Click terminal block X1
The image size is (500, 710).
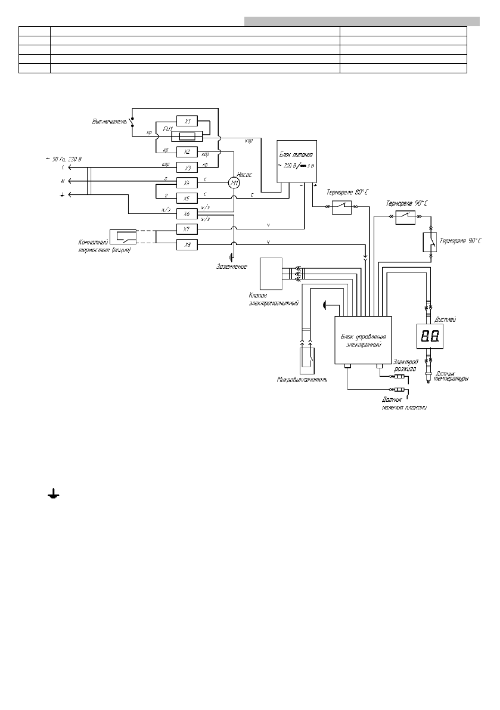(188, 121)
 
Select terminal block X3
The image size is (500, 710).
(188, 168)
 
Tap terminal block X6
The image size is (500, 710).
(188, 213)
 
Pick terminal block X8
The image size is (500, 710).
(188, 244)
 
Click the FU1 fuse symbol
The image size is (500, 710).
(188, 136)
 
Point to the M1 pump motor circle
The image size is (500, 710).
(235, 183)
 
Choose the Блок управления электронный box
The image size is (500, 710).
(362, 340)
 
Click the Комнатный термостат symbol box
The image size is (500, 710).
(124, 237)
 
